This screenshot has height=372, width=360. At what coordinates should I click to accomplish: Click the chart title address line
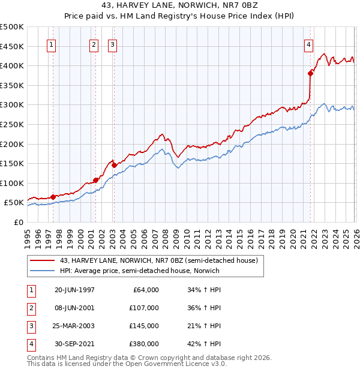tap(180, 7)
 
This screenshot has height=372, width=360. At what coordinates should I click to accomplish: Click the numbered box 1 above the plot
tap(52, 44)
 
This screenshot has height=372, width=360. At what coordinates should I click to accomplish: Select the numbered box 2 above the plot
tap(94, 44)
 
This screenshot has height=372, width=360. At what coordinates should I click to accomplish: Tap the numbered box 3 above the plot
tap(113, 44)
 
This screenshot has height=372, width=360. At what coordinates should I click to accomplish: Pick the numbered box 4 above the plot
tap(308, 44)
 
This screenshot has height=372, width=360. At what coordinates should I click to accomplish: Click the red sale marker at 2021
tap(311, 73)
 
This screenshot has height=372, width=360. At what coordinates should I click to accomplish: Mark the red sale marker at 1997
tap(53, 197)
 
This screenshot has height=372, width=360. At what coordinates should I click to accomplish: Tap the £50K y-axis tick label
tap(14, 203)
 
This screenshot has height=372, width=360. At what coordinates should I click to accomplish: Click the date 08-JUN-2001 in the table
tap(74, 308)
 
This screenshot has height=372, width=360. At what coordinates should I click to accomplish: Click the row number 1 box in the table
tap(30, 290)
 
